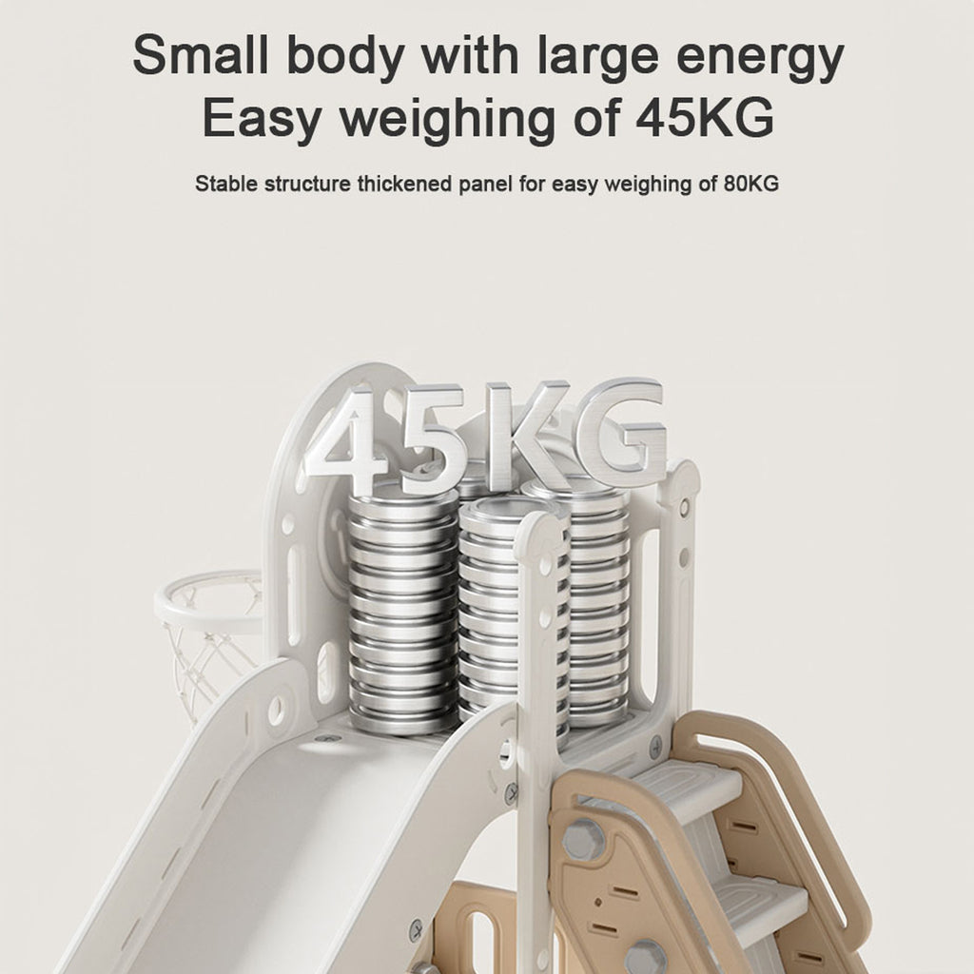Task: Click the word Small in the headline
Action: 201,55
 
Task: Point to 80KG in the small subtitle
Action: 750,184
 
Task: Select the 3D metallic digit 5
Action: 431,435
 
